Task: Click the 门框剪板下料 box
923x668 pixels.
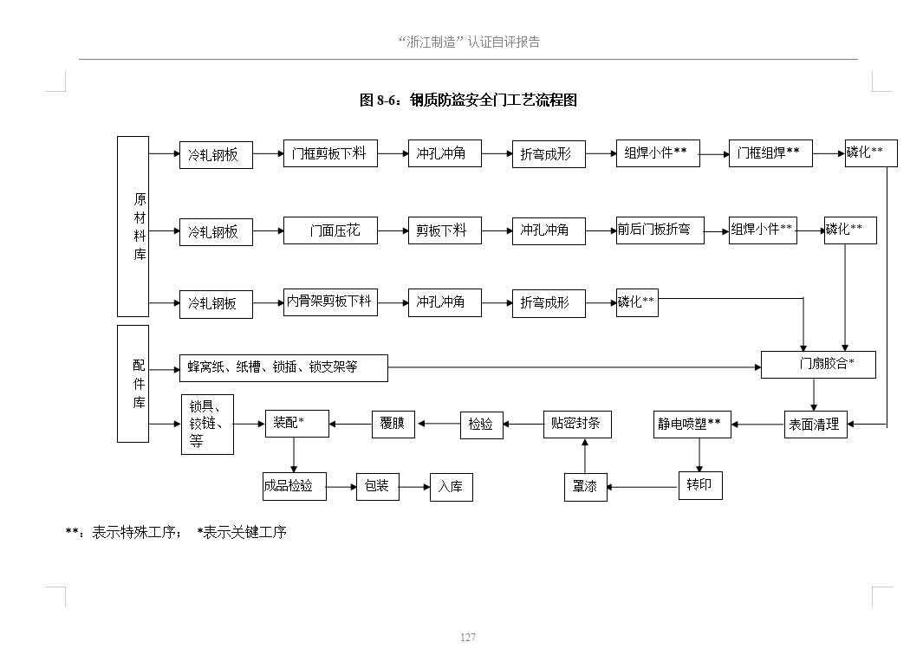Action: [330, 153]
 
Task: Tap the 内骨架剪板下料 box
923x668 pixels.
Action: [330, 302]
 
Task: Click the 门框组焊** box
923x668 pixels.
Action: [770, 153]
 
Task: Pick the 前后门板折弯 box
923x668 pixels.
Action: [660, 230]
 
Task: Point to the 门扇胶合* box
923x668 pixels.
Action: [818, 365]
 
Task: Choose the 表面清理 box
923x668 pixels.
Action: [815, 424]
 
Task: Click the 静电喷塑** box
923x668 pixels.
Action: [692, 424]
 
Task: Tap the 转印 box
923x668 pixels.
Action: [699, 485]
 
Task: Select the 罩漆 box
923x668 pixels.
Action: [585, 487]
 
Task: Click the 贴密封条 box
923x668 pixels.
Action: [577, 424]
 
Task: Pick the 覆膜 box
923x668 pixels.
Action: [393, 424]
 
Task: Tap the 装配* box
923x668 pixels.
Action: [296, 423]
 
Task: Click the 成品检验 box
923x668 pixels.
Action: [294, 486]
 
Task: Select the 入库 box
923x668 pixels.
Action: [451, 487]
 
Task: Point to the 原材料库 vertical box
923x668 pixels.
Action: [133, 226]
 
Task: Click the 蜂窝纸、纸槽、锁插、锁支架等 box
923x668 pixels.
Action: [283, 367]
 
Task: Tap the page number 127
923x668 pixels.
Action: [468, 638]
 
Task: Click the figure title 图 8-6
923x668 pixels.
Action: [468, 101]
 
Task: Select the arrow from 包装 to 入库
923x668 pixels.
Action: [414, 487]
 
